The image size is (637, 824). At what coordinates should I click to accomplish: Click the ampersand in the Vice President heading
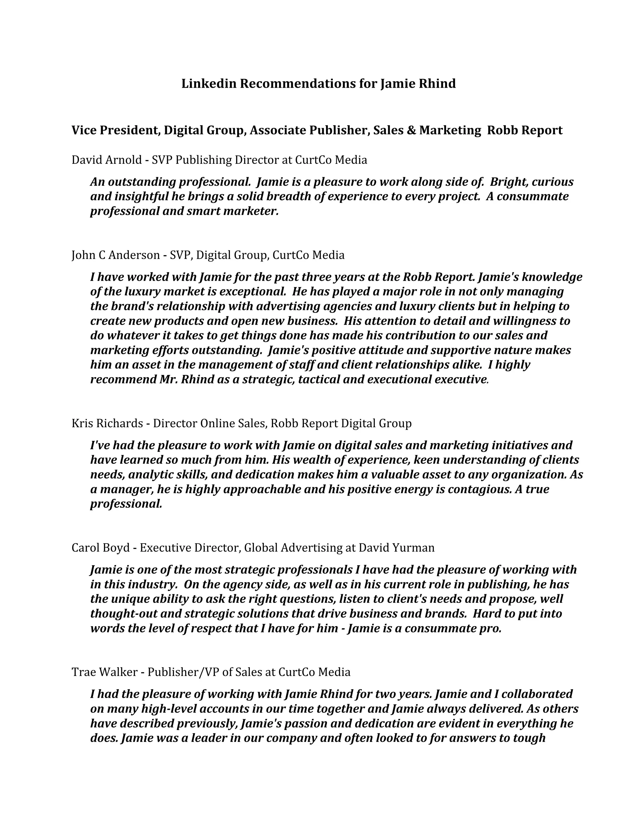[x=412, y=130]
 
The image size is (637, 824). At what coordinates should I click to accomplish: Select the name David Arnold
[x=106, y=160]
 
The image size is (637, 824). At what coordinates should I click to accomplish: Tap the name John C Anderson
[x=115, y=255]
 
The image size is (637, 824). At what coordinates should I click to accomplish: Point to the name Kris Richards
[x=107, y=423]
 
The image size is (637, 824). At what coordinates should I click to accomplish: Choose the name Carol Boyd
[x=100, y=548]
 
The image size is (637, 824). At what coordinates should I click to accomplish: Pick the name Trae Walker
[x=104, y=672]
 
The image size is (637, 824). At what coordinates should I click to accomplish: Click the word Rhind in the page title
[x=437, y=83]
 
